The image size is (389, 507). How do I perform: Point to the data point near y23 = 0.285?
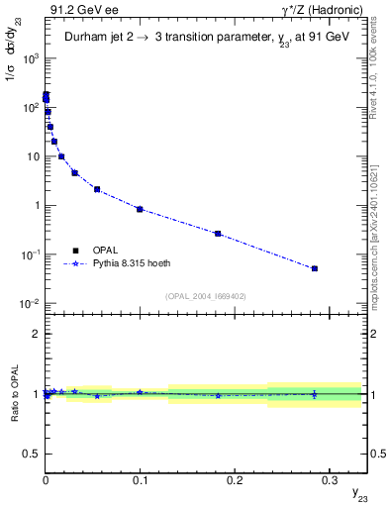point(315,268)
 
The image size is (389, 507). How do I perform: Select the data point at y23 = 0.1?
point(140,209)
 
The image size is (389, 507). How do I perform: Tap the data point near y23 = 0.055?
point(97,189)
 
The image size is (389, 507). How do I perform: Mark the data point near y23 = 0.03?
point(74,172)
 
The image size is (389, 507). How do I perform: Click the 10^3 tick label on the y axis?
point(31,58)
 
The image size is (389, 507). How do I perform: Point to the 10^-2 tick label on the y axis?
point(31,304)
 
